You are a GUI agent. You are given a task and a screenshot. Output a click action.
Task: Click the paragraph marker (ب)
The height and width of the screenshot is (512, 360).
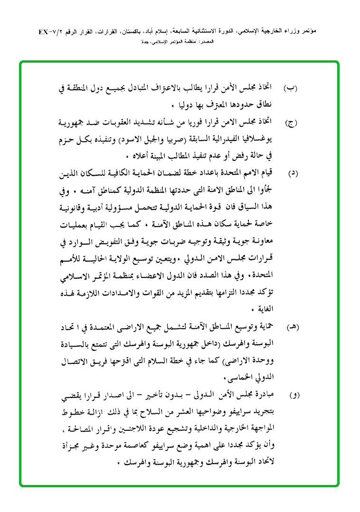click(x=291, y=88)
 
